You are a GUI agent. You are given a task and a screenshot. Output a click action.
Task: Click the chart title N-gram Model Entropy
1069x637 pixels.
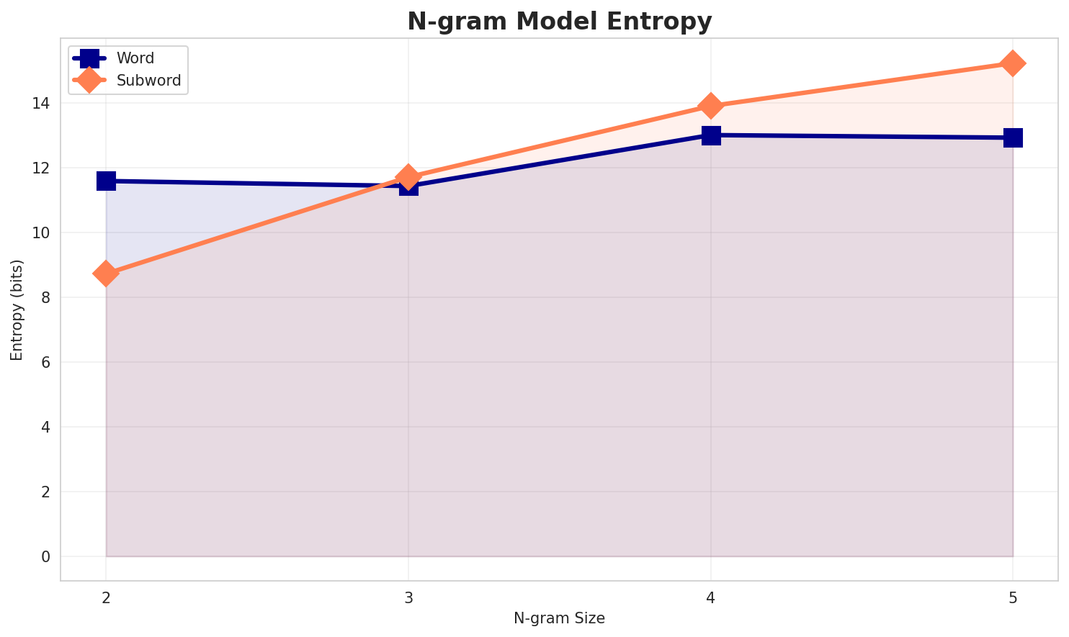click(559, 22)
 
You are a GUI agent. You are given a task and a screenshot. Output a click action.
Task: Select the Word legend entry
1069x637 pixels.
click(135, 58)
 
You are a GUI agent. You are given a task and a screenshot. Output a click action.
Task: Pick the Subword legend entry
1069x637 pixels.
click(148, 81)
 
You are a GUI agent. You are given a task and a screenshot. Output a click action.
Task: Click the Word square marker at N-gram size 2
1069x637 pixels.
click(106, 181)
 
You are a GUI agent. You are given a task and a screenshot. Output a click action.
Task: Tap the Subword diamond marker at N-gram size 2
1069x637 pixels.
click(106, 274)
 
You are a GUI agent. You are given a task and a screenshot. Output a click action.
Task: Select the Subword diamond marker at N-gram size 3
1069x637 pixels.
click(408, 176)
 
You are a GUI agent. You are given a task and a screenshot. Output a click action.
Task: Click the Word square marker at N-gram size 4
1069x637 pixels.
click(711, 135)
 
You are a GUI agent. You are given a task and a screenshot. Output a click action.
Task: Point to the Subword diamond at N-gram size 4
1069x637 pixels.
click(711, 106)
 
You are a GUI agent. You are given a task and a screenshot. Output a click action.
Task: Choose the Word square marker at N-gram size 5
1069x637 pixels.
click(1013, 137)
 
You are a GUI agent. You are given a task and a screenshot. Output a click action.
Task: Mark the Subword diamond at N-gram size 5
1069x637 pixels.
click(1013, 63)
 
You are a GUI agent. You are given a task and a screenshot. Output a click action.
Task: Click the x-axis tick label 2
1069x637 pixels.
click(106, 597)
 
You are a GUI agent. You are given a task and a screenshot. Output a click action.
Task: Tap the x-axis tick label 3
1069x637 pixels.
click(408, 597)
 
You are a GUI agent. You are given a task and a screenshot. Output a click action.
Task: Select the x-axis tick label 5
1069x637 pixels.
click(1013, 597)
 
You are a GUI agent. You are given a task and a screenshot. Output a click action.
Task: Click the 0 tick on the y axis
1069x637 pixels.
click(46, 557)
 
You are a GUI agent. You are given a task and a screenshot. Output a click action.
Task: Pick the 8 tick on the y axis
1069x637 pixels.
click(46, 298)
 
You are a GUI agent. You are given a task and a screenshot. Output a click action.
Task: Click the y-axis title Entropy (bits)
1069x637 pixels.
click(17, 310)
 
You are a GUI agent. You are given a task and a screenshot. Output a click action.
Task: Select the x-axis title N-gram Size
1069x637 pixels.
click(559, 618)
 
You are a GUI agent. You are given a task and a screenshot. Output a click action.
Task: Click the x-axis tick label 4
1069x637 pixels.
click(711, 597)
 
